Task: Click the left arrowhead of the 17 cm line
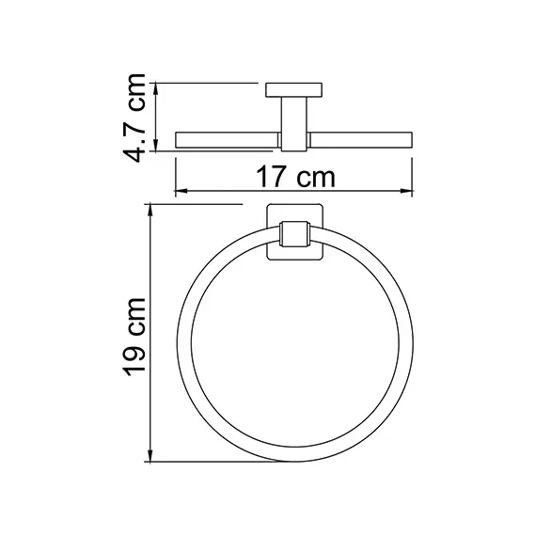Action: click(x=181, y=192)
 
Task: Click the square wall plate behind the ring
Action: click(x=294, y=232)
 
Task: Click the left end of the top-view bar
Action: click(x=179, y=140)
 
